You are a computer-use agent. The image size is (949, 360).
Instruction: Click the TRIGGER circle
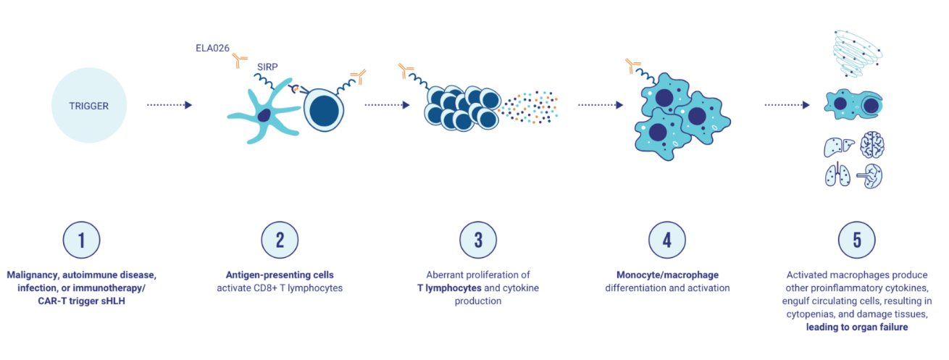[x=88, y=106]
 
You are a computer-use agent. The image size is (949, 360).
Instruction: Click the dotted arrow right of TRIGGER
[x=169, y=105]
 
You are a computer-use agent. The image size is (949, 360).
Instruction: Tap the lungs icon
[x=839, y=175]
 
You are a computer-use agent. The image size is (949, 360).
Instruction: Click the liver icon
[x=838, y=147]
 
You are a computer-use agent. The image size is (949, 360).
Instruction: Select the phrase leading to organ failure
[x=857, y=327]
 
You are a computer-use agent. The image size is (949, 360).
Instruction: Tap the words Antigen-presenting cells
[x=279, y=275]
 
